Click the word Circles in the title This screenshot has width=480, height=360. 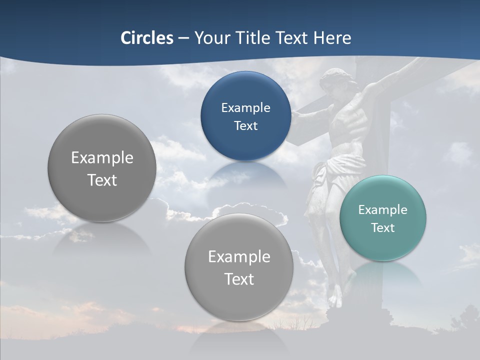146,38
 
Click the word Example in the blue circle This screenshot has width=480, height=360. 245,107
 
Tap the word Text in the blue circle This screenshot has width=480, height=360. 245,125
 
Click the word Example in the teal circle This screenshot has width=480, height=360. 382,209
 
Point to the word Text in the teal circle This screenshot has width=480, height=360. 383,227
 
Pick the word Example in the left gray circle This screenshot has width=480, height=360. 102,157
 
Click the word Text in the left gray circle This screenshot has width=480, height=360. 102,180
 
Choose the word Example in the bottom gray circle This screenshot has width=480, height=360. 239,256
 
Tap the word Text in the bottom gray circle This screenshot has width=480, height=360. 239,279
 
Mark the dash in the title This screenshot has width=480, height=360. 183,38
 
